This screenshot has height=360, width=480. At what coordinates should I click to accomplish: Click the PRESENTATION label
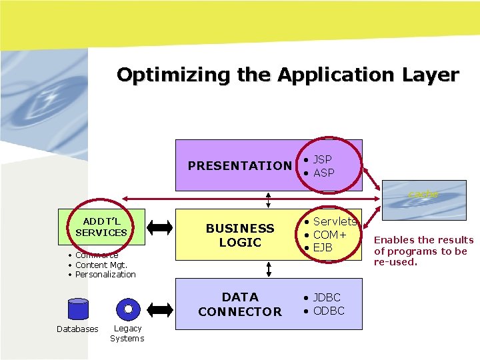(x=240, y=165)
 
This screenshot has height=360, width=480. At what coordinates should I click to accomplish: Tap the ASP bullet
(x=323, y=173)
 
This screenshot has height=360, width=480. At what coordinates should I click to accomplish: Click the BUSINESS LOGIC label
(x=240, y=235)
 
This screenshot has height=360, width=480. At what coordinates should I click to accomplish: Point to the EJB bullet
(x=323, y=248)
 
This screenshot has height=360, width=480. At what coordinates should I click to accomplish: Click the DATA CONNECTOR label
(x=240, y=304)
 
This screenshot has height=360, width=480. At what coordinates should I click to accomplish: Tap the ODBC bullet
(x=328, y=311)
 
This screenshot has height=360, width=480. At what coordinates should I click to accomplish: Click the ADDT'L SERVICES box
(x=101, y=227)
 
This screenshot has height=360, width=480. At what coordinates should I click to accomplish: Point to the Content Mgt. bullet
(x=105, y=265)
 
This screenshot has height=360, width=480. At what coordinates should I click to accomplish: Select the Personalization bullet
(x=105, y=275)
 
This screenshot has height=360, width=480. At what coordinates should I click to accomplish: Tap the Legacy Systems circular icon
(x=127, y=309)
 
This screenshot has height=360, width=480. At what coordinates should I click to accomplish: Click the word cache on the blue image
(x=423, y=194)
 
